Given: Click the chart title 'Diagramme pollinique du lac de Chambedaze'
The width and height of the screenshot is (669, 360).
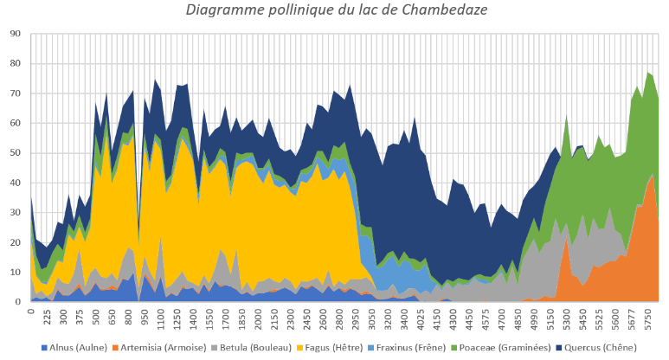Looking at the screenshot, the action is pyautogui.click(x=336, y=10).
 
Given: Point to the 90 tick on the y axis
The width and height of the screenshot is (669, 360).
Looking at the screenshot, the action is pyautogui.click(x=16, y=34).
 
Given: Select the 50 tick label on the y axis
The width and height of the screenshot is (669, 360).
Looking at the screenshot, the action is pyautogui.click(x=16, y=153).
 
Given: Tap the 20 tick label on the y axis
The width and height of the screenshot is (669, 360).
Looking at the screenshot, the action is pyautogui.click(x=16, y=242).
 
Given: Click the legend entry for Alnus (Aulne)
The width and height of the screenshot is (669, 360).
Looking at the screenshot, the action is pyautogui.click(x=74, y=348).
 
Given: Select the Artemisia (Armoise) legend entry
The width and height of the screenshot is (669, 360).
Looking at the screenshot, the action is pyautogui.click(x=159, y=348).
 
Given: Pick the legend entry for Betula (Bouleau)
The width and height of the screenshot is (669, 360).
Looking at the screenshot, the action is pyautogui.click(x=251, y=348).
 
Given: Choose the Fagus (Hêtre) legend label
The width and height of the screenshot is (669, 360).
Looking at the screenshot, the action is pyautogui.click(x=330, y=348).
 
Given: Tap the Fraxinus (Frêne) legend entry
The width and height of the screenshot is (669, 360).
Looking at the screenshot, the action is pyautogui.click(x=407, y=348).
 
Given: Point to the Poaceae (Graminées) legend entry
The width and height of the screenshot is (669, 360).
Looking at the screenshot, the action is pyautogui.click(x=500, y=348).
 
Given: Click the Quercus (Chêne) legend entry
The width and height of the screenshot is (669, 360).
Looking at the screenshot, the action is pyautogui.click(x=596, y=348).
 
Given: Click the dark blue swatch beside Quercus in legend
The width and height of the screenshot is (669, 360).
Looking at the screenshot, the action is pyautogui.click(x=559, y=348).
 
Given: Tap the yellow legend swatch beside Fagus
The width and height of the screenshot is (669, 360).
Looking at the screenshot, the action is pyautogui.click(x=299, y=348).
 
